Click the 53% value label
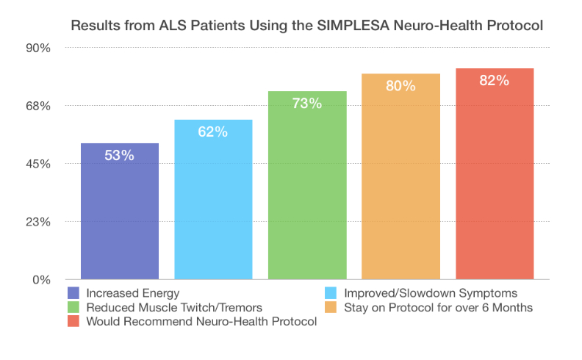(120, 156)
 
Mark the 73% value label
(307, 104)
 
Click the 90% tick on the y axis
(37, 48)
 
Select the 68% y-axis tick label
(37, 106)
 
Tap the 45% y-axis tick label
(37, 164)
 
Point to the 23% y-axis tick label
(37, 222)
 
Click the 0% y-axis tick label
(41, 280)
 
